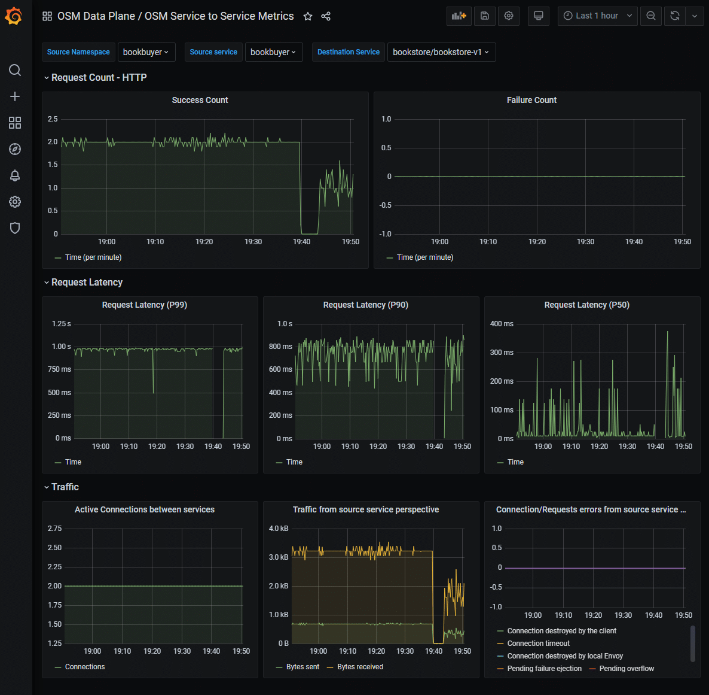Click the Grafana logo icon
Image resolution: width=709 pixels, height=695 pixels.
pos(14,16)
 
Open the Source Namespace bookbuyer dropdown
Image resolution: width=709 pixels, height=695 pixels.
pos(146,52)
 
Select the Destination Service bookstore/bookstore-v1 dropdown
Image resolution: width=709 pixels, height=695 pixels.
pos(441,52)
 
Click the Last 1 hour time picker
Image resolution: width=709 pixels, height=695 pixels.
pos(597,16)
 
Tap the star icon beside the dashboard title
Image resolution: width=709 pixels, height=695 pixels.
pos(308,16)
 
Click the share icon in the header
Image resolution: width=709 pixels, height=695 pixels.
pos(326,16)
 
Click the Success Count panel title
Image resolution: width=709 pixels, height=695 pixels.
pos(200,100)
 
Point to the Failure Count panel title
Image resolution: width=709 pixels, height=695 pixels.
pos(531,100)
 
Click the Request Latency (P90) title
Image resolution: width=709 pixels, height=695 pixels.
pos(365,305)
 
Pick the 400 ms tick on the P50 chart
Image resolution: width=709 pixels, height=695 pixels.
pos(502,324)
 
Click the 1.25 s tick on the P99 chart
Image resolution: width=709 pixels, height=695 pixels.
pos(61,324)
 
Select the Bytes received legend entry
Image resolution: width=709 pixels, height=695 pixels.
pos(360,667)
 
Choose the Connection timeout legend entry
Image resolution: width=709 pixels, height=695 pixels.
pos(538,644)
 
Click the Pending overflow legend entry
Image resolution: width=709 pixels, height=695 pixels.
pos(626,669)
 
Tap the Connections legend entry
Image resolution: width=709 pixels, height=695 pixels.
pos(84,667)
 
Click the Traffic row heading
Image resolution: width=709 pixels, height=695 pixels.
pos(65,487)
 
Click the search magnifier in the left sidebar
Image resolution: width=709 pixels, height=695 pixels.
pos(15,70)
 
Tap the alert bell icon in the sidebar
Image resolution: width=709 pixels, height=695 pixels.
pos(15,175)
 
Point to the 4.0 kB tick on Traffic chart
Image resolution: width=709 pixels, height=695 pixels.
pos(279,529)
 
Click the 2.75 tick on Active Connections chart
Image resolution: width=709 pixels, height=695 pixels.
pos(54,529)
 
